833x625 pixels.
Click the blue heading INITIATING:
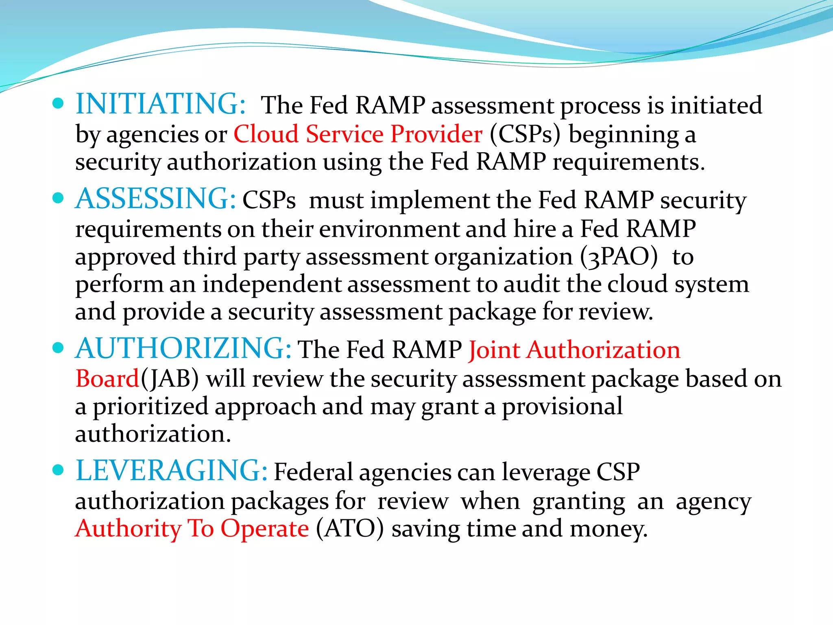coord(161,104)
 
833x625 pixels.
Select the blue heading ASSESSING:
coord(156,199)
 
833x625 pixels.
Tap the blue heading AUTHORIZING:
coord(183,348)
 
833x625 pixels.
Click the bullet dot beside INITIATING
coord(59,103)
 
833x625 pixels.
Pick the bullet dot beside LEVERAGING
coord(59,470)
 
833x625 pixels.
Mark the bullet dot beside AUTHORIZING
coord(59,348)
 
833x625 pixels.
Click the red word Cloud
coord(266,134)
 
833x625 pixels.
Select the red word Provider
coord(436,134)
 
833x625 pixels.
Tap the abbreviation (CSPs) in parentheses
coord(525,134)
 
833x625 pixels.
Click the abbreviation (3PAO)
coord(619,257)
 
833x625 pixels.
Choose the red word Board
coord(107,378)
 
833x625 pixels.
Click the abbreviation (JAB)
coord(170,379)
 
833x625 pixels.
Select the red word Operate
coord(264,529)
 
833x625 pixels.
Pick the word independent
coord(272,284)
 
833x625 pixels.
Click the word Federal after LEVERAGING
coord(313,472)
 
